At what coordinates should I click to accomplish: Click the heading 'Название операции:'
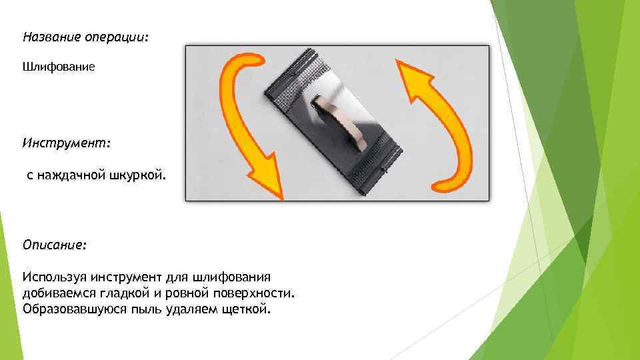pyautogui.click(x=85, y=37)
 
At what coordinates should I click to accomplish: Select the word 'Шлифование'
pyautogui.click(x=59, y=67)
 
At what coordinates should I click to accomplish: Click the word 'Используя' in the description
pyautogui.click(x=51, y=277)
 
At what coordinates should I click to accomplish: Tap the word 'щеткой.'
pyautogui.click(x=248, y=309)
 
